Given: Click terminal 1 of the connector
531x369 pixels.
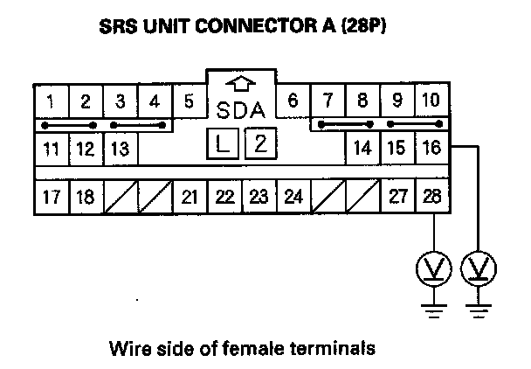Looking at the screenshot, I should [52, 101].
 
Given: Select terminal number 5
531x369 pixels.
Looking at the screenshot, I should [190, 101].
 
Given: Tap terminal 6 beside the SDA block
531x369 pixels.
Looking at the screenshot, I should [293, 101].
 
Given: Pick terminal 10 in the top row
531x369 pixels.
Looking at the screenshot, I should [430, 101].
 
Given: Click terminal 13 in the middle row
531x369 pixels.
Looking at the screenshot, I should [121, 148].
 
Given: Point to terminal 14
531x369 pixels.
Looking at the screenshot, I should [362, 148].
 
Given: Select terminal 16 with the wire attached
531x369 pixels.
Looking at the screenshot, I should [430, 148].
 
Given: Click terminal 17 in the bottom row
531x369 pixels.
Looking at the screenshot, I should [52, 196].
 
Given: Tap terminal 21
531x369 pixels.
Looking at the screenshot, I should [190, 196].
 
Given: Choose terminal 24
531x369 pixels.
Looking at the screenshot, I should [293, 196].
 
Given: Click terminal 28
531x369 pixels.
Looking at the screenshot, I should [430, 196].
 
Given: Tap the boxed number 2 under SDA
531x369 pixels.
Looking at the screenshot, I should [259, 143].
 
